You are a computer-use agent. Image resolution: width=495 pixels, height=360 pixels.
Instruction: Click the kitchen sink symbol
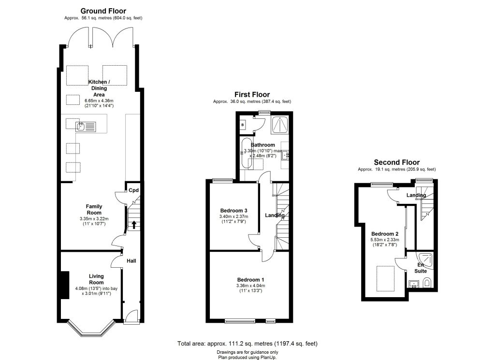point(86,127)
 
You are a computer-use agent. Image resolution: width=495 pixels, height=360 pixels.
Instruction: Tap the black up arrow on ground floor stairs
point(134,225)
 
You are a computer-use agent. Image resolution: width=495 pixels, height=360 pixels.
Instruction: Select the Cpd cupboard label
point(133,190)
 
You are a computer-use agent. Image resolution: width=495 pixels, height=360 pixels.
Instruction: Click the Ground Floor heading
point(103,11)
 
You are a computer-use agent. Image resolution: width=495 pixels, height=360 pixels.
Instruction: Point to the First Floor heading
point(252,95)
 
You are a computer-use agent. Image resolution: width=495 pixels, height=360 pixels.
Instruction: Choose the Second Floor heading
point(397,162)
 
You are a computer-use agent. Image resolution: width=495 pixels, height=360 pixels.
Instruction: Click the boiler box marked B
point(243,125)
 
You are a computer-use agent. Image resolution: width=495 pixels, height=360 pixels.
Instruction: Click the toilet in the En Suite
point(426,283)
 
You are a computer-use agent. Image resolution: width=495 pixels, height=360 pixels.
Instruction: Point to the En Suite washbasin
point(414,284)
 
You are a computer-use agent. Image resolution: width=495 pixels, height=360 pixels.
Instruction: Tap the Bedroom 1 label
point(251,280)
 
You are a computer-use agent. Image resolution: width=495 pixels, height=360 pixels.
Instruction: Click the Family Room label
point(94,210)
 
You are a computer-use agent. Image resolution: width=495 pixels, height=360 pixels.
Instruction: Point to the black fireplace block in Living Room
point(66,285)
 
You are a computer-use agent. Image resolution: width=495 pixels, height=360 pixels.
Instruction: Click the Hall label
point(131,261)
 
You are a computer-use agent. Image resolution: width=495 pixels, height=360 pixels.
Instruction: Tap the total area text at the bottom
point(247,344)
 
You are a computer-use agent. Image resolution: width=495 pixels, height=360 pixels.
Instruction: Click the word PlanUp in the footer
point(268,358)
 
